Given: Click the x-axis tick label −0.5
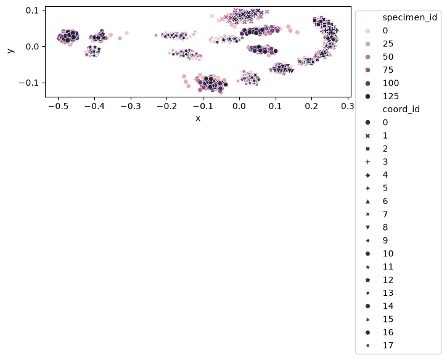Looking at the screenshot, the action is pos(58,106).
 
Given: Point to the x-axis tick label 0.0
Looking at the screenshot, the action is pos(239,106).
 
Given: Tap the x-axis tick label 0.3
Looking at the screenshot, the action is pos(348,106).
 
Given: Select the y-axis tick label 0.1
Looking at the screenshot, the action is pos(32,10).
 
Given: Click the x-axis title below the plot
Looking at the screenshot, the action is pos(198,118).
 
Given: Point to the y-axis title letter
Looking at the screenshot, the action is pos(10,51).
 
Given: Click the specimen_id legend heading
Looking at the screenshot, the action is pos(409,17).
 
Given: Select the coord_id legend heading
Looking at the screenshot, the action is pos(401,109).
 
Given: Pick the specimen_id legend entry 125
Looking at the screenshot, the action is pos(390,96).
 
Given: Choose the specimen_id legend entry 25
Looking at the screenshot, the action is pos(388,44).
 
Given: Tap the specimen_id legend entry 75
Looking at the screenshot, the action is pos(388,70).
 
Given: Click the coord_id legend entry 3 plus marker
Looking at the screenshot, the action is pos(367,162).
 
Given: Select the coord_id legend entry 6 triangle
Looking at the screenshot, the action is pos(367,201).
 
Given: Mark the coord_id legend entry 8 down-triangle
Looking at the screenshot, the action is pos(367,227).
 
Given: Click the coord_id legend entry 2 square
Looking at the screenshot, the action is pos(367,149).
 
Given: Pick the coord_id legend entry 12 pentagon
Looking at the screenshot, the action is pos(367,280).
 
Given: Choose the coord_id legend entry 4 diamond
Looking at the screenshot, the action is pos(367,175).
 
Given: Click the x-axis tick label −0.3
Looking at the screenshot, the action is pos(131,106).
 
